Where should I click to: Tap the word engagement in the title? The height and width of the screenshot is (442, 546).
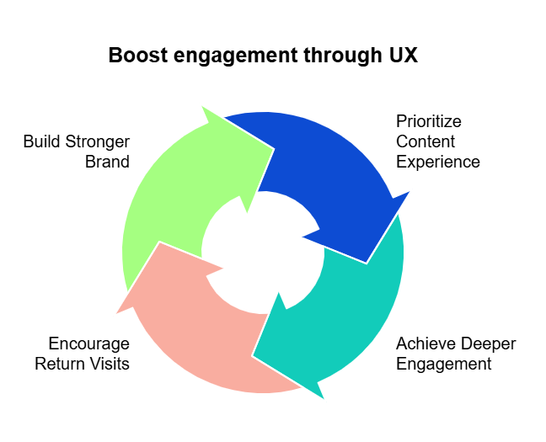[222, 57]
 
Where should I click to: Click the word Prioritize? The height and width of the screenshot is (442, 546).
[429, 121]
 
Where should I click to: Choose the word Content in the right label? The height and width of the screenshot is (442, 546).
[426, 141]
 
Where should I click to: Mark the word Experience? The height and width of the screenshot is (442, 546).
[438, 162]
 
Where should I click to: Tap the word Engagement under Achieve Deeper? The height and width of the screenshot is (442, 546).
[443, 364]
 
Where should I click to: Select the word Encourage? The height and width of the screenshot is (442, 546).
[89, 343]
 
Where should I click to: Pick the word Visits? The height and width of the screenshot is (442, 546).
[110, 364]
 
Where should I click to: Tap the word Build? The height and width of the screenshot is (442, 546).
[40, 141]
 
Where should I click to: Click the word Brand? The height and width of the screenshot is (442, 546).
[108, 162]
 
